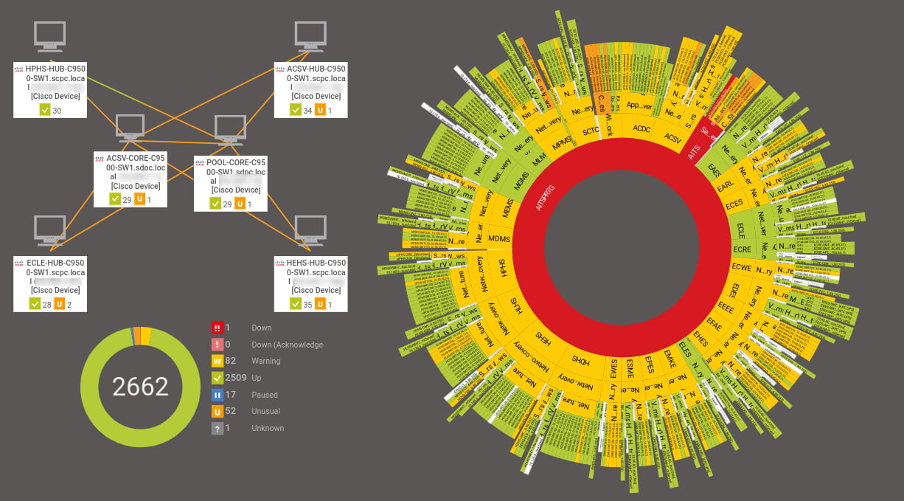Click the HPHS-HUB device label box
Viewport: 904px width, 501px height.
coord(50,89)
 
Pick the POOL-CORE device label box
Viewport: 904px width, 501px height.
coord(230,182)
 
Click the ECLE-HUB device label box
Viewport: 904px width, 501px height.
coord(50,283)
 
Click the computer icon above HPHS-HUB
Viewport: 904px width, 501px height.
coord(50,36)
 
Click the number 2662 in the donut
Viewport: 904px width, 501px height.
coord(140,386)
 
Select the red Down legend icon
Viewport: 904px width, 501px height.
coord(218,328)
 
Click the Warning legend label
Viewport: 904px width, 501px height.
coord(266,361)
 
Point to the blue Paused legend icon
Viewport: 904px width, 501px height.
coord(218,395)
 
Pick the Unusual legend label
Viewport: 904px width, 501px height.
coord(265,411)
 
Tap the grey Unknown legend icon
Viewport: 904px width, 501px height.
coord(218,428)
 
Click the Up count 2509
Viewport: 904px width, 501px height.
coord(236,378)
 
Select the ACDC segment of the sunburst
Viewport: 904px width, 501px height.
coord(639,128)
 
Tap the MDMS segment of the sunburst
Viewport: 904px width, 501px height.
coord(499,238)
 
